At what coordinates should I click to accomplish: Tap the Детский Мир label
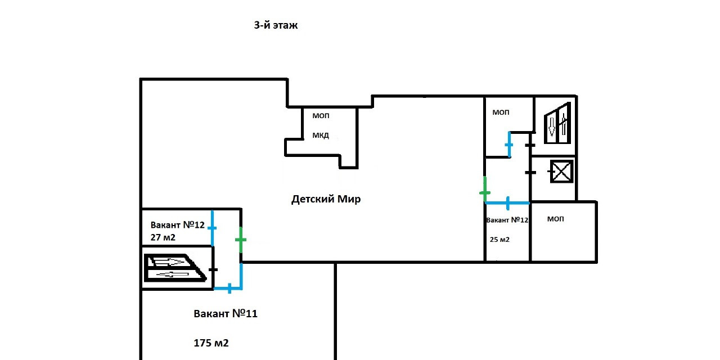click(326, 199)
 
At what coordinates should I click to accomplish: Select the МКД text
click(321, 135)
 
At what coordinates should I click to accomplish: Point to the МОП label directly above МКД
click(321, 116)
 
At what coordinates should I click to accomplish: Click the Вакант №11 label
click(225, 314)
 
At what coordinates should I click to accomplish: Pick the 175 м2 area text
click(211, 343)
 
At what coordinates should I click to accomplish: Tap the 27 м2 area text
click(163, 237)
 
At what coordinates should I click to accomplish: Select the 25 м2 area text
click(499, 240)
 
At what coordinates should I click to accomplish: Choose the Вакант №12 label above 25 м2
click(507, 220)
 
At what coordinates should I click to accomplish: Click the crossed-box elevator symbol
click(561, 172)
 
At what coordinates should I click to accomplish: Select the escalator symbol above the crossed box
click(557, 123)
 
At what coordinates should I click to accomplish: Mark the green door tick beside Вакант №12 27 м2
click(241, 240)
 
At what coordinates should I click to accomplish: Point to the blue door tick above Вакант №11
click(229, 289)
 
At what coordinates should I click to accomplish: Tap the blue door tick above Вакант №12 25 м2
click(508, 202)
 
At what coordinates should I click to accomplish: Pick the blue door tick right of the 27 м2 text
click(212, 228)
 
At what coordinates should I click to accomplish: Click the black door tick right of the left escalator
click(213, 270)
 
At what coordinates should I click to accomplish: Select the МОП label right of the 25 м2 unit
click(555, 219)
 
